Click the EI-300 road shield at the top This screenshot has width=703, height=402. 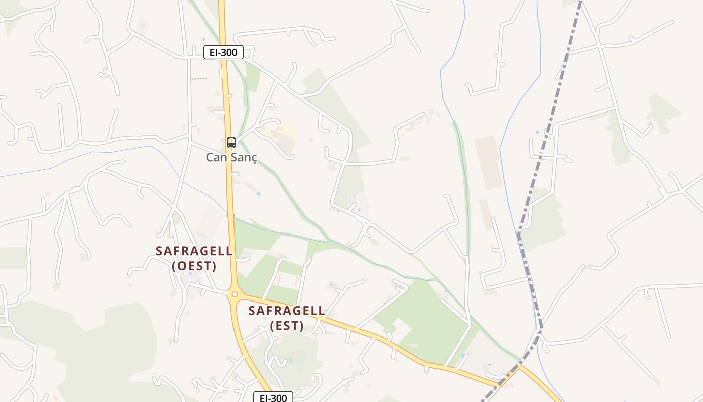pyautogui.click(x=223, y=52)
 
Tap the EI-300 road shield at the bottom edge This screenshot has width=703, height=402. pyautogui.click(x=273, y=398)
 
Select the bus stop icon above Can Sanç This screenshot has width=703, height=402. pyautogui.click(x=231, y=143)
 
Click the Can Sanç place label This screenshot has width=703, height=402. pyautogui.click(x=231, y=157)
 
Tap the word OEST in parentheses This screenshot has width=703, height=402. pyautogui.click(x=194, y=266)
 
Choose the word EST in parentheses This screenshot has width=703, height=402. pyautogui.click(x=287, y=326)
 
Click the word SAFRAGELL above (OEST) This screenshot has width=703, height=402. pyautogui.click(x=194, y=251)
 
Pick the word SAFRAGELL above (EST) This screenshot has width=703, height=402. pyautogui.click(x=287, y=311)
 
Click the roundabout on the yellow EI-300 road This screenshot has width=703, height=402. pyautogui.click(x=233, y=294)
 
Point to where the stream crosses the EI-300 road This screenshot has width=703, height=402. pyautogui.click(x=231, y=216)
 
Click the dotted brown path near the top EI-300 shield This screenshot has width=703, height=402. pyautogui.click(x=199, y=79)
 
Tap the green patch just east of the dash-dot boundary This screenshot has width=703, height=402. pyautogui.click(x=545, y=221)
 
